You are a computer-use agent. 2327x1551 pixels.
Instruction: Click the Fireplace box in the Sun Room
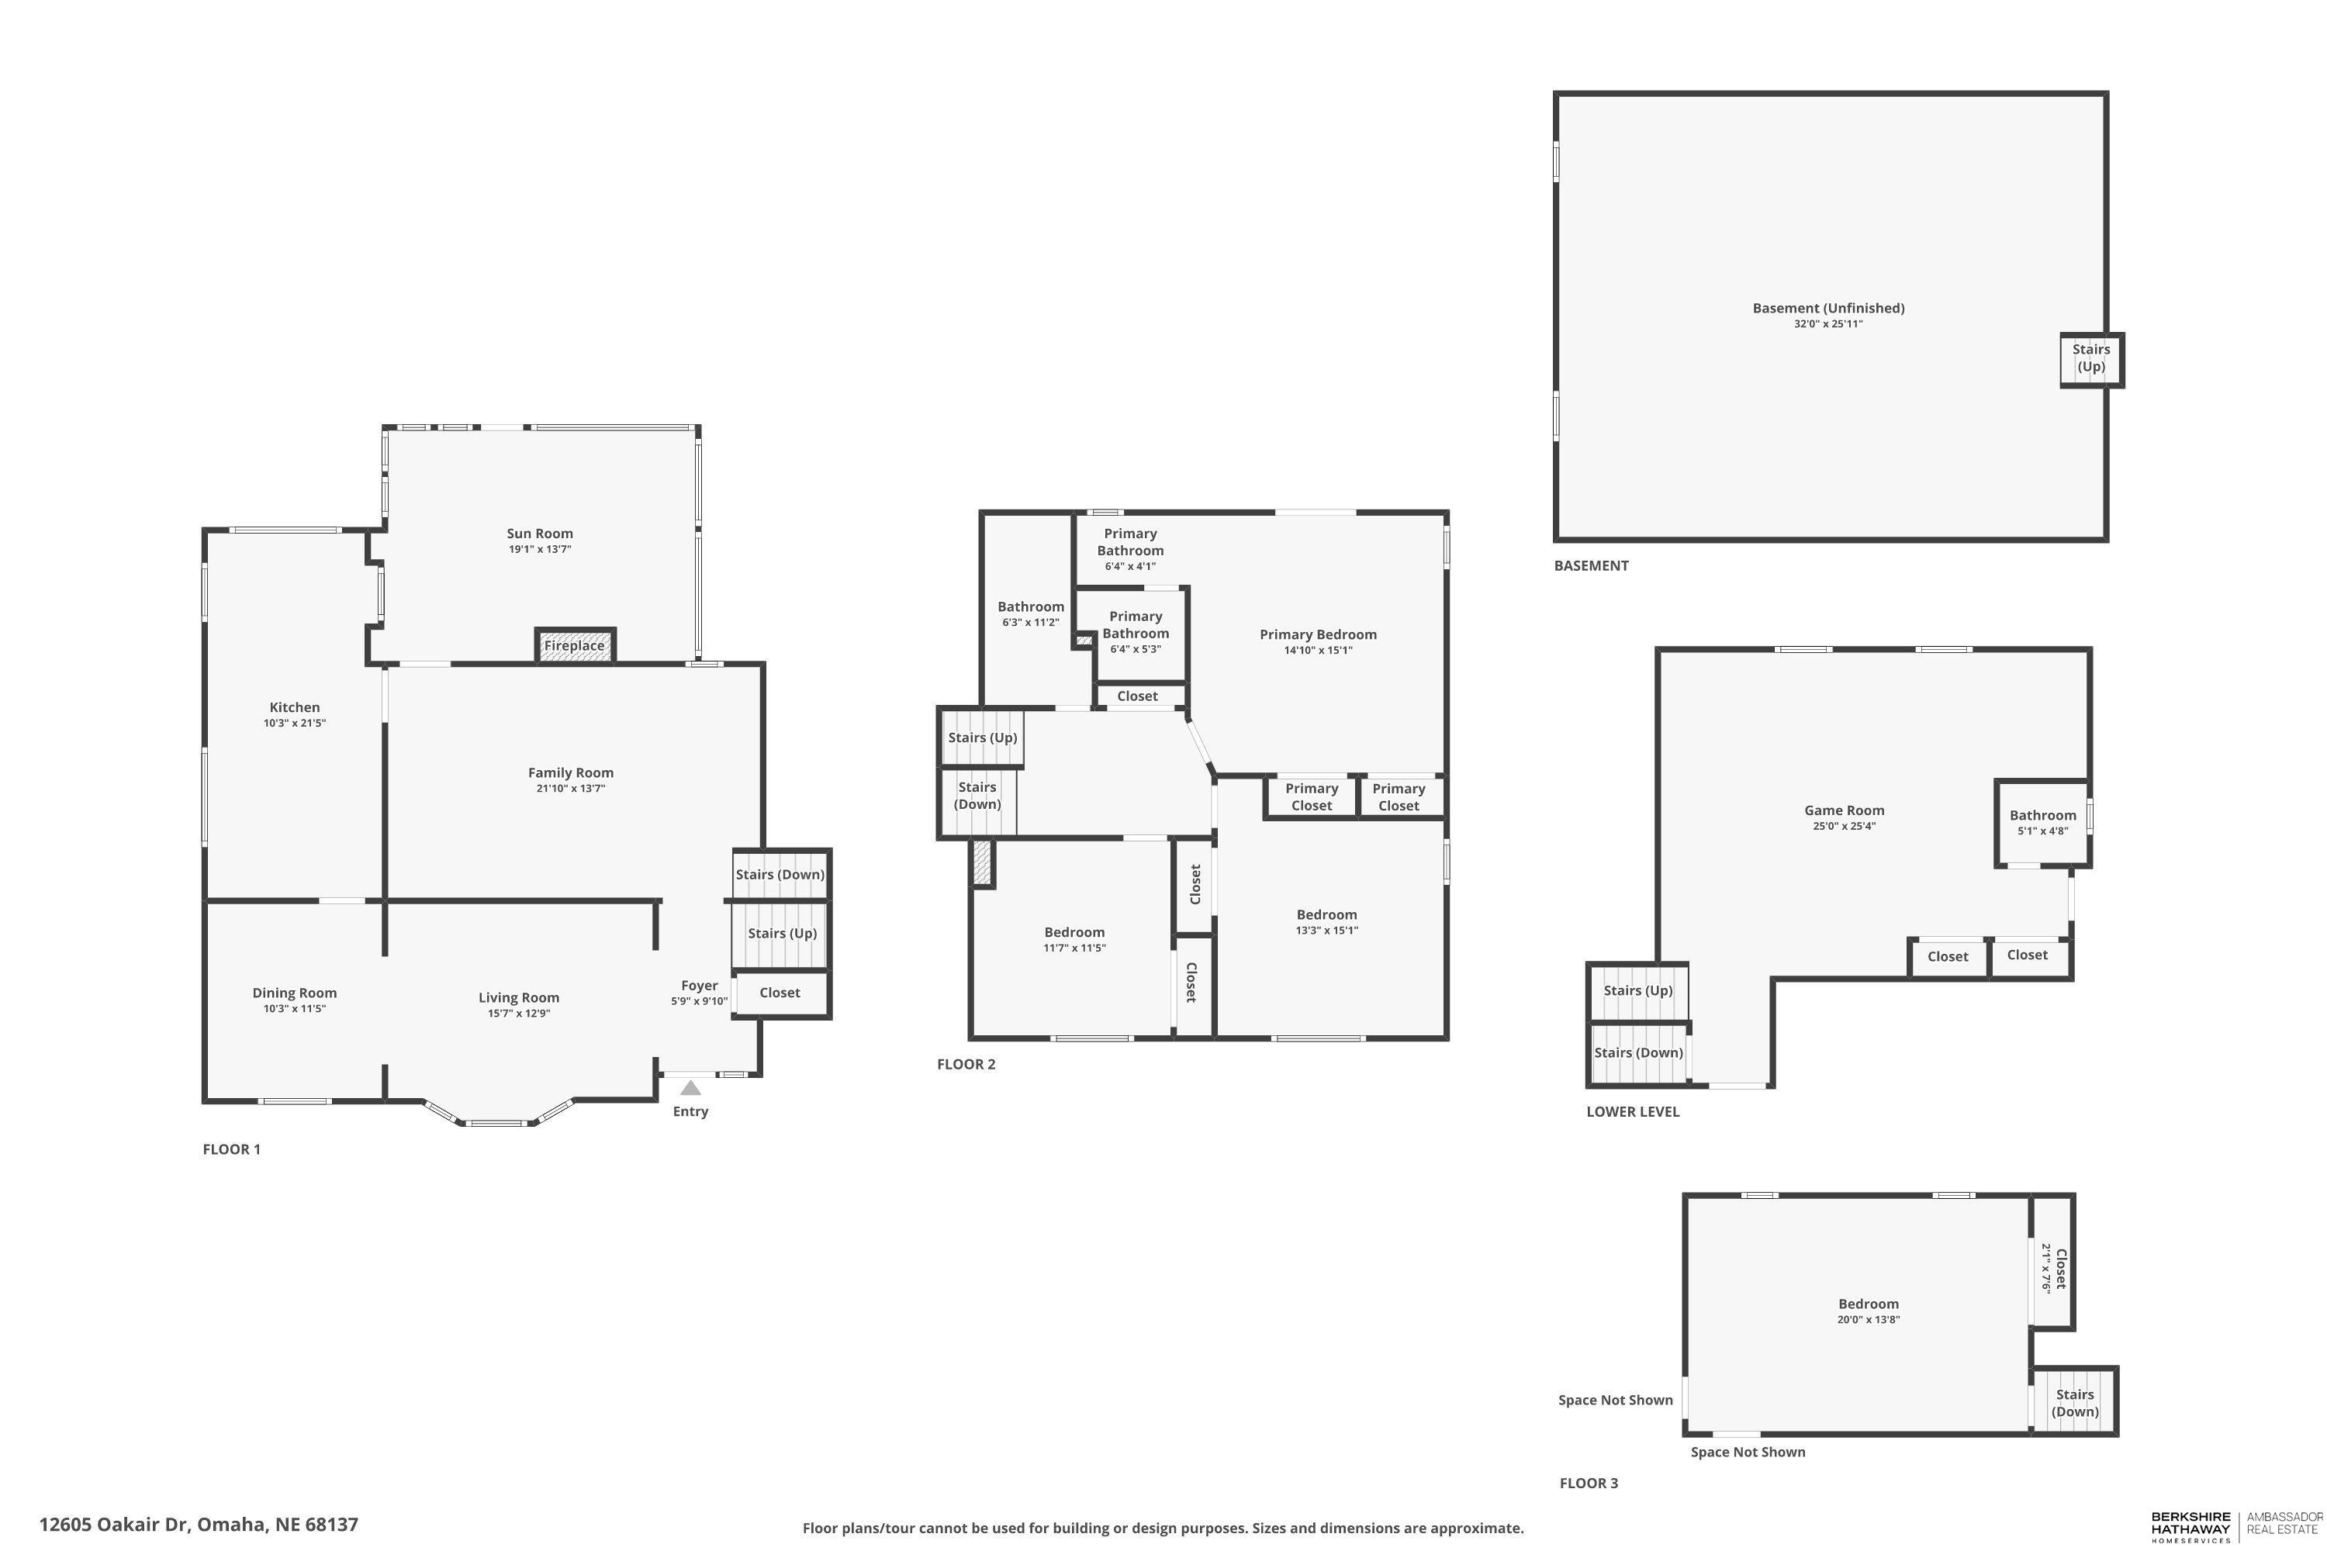(575, 646)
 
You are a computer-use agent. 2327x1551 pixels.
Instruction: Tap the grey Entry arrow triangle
(690, 1088)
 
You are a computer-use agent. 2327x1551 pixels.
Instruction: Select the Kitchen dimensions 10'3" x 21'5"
(295, 723)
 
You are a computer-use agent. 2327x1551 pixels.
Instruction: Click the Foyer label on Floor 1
(699, 985)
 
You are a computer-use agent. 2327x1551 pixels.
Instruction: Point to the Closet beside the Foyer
(780, 993)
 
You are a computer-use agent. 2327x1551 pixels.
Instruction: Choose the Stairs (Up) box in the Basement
(2090, 358)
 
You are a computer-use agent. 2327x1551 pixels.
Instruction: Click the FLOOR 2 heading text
(966, 1064)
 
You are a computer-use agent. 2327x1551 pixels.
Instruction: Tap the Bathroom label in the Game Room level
(2042, 815)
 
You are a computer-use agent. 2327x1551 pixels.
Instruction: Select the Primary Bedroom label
(1318, 635)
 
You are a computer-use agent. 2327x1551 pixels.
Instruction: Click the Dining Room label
(294, 993)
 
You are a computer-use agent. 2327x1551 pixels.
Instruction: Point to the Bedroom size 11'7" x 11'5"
(1074, 948)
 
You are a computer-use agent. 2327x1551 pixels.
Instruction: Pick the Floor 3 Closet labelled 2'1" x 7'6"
(2053, 1268)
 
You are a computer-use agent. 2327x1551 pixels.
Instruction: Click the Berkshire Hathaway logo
(2190, 1525)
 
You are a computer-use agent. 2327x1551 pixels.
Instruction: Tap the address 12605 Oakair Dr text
(199, 1525)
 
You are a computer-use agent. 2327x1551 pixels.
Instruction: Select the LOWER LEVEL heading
(1633, 1112)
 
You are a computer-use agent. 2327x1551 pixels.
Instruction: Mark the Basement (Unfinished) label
(1828, 308)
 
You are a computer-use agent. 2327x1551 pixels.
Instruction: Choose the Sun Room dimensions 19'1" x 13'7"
(540, 549)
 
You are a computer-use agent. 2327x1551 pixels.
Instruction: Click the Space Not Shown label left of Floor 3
(1615, 1400)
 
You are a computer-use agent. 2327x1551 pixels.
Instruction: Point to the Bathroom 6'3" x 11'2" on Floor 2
(1030, 613)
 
